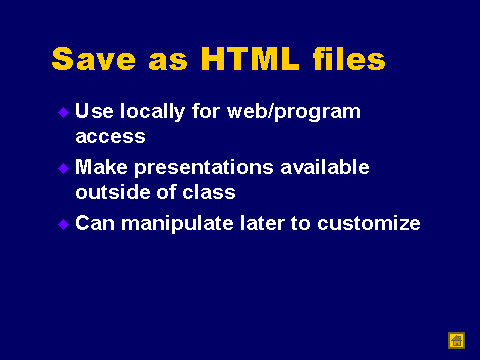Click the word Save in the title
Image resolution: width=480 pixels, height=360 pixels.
click(94, 59)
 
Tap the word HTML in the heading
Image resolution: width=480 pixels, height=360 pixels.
click(250, 59)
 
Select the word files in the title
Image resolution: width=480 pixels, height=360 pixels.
click(349, 59)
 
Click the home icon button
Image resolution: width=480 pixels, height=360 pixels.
click(456, 341)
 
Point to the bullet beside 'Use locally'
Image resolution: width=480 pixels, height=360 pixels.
click(63, 112)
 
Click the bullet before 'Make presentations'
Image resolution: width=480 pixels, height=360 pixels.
click(63, 168)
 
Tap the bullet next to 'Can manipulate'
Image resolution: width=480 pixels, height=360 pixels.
click(63, 224)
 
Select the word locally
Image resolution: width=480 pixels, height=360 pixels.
click(152, 112)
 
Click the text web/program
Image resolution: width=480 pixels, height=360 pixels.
click(294, 112)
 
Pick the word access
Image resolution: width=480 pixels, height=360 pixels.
click(110, 137)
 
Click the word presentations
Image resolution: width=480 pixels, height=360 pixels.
click(204, 168)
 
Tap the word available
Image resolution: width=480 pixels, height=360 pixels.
click(325, 167)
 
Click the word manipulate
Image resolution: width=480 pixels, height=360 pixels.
click(177, 224)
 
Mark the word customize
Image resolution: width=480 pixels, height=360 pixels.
click(369, 223)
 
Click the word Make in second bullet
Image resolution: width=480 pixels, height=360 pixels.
click(101, 167)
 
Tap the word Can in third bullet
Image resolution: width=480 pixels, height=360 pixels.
click(95, 223)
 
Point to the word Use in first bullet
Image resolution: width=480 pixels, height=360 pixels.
click(94, 111)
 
